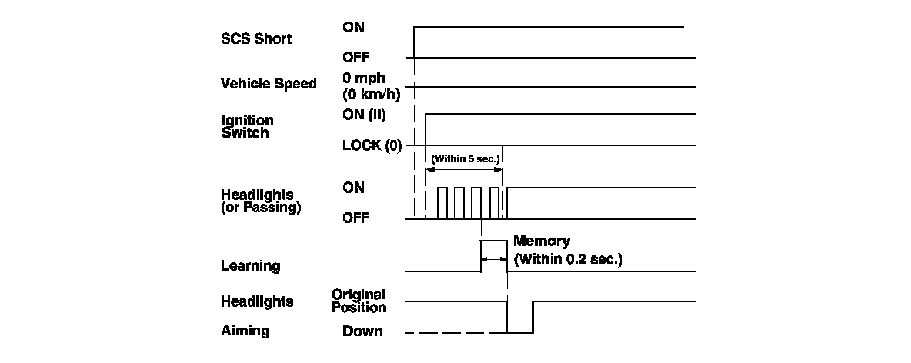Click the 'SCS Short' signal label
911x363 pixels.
pyautogui.click(x=256, y=39)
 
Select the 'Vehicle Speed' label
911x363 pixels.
pyautogui.click(x=269, y=84)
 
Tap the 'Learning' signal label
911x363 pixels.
pyautogui.click(x=250, y=266)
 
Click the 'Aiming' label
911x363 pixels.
pyautogui.click(x=245, y=330)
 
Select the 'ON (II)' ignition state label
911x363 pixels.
pyautogui.click(x=364, y=115)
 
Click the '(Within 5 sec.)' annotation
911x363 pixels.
pyautogui.click(x=466, y=159)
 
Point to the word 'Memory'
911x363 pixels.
pyautogui.click(x=542, y=241)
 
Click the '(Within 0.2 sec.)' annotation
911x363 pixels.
pyautogui.click(x=568, y=259)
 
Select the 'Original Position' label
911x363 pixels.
pyautogui.click(x=359, y=301)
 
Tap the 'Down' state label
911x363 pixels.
pyautogui.click(x=362, y=331)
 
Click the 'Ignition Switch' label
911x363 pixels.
pyautogui.click(x=247, y=127)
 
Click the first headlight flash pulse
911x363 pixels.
pyautogui.click(x=442, y=203)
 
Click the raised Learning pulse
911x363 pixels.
pyautogui.click(x=494, y=255)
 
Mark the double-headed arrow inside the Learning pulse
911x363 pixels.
pyautogui.click(x=494, y=260)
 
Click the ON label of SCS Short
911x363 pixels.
pyautogui.click(x=354, y=27)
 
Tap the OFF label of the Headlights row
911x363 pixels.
pyautogui.click(x=355, y=218)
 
